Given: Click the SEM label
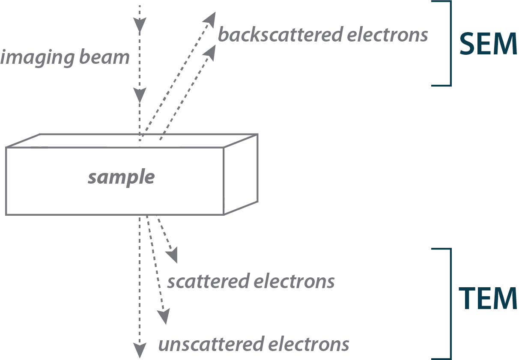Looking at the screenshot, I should click(x=488, y=44).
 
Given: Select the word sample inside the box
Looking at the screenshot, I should click(x=121, y=177).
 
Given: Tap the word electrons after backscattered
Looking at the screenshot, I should click(x=387, y=35).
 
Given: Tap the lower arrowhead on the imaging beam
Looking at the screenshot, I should click(x=140, y=94).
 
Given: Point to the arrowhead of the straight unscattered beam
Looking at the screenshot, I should click(x=139, y=350).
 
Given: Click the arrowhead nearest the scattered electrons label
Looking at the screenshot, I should click(x=173, y=256).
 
